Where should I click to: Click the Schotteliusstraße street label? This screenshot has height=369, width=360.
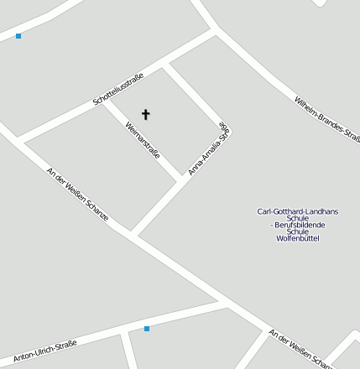coord(118,89)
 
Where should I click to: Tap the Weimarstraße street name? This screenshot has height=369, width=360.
coord(142,139)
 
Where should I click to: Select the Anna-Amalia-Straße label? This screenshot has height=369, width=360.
coord(208,149)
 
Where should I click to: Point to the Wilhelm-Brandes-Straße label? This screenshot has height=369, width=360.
coord(327,119)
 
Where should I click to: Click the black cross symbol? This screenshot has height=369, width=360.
coord(145,114)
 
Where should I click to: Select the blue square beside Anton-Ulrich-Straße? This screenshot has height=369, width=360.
coord(147,329)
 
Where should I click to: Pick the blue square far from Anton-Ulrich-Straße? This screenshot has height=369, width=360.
coord(18,36)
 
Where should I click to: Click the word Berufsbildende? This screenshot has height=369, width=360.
coord(298,225)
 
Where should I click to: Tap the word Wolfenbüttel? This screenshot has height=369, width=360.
coord(298,238)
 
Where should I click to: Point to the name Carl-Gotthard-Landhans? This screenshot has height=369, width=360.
coord(298,211)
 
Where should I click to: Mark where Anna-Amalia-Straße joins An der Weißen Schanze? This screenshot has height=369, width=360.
coord(133,232)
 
